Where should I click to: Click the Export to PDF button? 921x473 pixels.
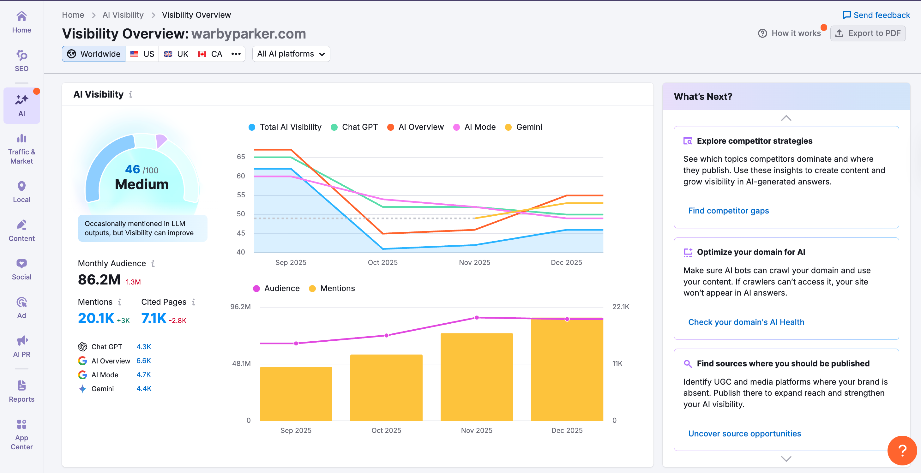pyautogui.click(x=868, y=33)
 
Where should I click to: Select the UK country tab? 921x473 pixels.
pyautogui.click(x=176, y=54)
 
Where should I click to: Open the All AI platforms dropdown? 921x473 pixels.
pyautogui.click(x=291, y=54)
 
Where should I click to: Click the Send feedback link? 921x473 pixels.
pyautogui.click(x=876, y=15)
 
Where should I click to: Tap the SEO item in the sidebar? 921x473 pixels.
pyautogui.click(x=21, y=60)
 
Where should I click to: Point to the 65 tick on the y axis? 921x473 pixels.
pyautogui.click(x=241, y=157)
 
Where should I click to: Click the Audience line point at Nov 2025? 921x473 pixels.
pyautogui.click(x=477, y=317)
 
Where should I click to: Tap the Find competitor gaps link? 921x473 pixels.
pyautogui.click(x=728, y=211)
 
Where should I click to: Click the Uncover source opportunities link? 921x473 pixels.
pyautogui.click(x=744, y=433)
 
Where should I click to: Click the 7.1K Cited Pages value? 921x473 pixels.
pyautogui.click(x=154, y=318)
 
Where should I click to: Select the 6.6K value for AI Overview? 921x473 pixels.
pyautogui.click(x=143, y=361)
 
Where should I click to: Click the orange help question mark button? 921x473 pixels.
pyautogui.click(x=902, y=450)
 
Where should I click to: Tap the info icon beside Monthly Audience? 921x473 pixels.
pyautogui.click(x=153, y=263)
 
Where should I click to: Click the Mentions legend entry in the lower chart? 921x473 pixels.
pyautogui.click(x=332, y=288)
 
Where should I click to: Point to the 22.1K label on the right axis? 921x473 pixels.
pyautogui.click(x=621, y=306)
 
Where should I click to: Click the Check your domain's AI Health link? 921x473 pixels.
pyautogui.click(x=746, y=322)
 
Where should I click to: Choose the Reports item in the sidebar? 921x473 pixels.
pyautogui.click(x=21, y=391)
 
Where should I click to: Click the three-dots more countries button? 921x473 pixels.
pyautogui.click(x=236, y=54)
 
